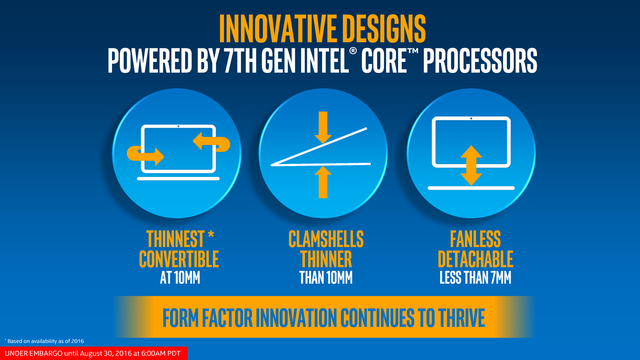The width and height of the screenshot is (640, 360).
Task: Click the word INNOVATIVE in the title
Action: [x=277, y=28]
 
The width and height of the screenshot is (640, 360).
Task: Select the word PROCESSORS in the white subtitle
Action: [x=480, y=60]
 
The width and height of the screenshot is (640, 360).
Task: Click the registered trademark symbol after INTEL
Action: [x=353, y=51]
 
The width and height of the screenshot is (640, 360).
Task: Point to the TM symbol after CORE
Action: [x=412, y=51]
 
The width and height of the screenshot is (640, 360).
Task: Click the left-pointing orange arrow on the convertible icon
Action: [x=211, y=141]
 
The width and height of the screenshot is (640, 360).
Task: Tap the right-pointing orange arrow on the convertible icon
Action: [x=145, y=155]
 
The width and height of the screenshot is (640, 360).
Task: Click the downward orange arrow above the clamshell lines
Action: [x=323, y=127]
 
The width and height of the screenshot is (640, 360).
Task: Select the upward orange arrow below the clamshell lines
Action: [x=323, y=182]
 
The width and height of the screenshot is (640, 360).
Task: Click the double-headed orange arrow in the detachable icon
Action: [x=471, y=165]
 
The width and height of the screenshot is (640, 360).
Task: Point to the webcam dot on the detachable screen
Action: [x=471, y=118]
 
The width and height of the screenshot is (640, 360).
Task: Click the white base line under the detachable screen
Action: [x=471, y=188]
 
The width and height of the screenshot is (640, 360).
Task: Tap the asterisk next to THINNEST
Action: [x=211, y=235]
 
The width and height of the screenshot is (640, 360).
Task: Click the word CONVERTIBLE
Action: [x=179, y=259]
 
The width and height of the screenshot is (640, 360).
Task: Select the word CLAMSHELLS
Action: [x=326, y=239]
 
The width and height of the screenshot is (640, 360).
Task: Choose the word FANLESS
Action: [x=475, y=239]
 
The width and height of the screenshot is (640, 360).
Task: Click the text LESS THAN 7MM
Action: [x=475, y=277]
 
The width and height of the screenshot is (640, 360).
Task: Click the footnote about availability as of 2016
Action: [x=44, y=341]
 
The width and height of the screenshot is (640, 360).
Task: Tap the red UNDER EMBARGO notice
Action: [x=93, y=353]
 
